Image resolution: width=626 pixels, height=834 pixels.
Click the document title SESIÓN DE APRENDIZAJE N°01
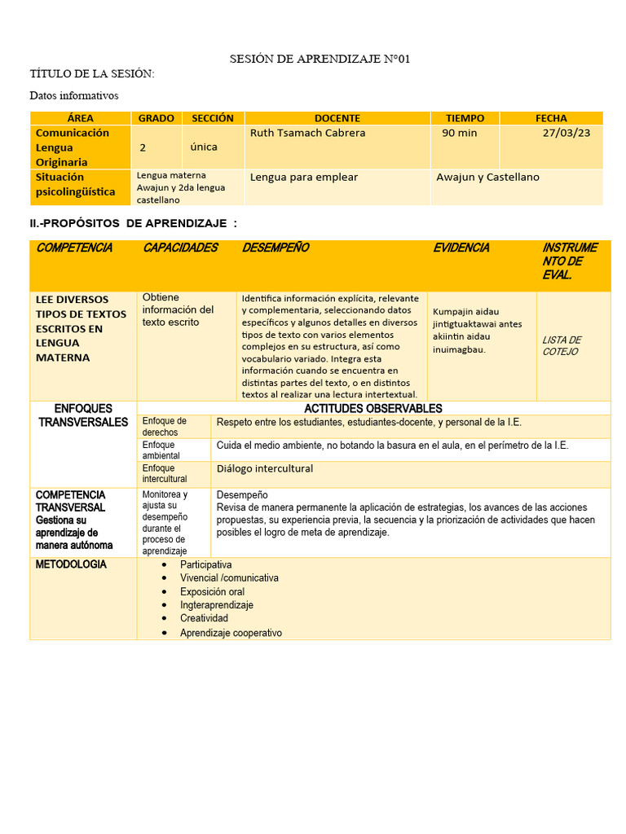tap(313, 59)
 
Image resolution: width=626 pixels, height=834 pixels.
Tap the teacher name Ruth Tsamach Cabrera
tap(307, 133)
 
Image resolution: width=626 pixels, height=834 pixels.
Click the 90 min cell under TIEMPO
tap(459, 133)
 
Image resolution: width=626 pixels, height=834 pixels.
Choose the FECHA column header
tap(551, 118)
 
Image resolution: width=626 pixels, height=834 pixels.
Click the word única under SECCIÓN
tap(204, 147)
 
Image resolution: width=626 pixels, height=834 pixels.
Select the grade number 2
tap(143, 147)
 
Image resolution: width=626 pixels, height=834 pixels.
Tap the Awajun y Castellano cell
tap(487, 177)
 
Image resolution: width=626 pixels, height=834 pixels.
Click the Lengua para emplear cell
tap(304, 177)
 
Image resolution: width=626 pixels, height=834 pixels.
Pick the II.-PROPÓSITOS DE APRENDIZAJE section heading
tap(134, 223)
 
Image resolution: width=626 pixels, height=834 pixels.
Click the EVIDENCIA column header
tap(461, 248)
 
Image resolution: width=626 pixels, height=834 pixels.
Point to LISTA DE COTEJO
tap(562, 345)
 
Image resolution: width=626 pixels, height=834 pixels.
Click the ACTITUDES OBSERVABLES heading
tap(373, 408)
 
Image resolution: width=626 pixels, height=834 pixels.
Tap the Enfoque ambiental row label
tap(164, 450)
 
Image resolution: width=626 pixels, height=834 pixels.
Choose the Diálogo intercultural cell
tap(265, 468)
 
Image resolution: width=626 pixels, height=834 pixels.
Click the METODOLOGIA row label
tap(71, 564)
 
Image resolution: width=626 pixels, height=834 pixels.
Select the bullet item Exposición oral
tap(212, 591)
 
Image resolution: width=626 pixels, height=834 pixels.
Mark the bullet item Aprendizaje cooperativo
tap(231, 632)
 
